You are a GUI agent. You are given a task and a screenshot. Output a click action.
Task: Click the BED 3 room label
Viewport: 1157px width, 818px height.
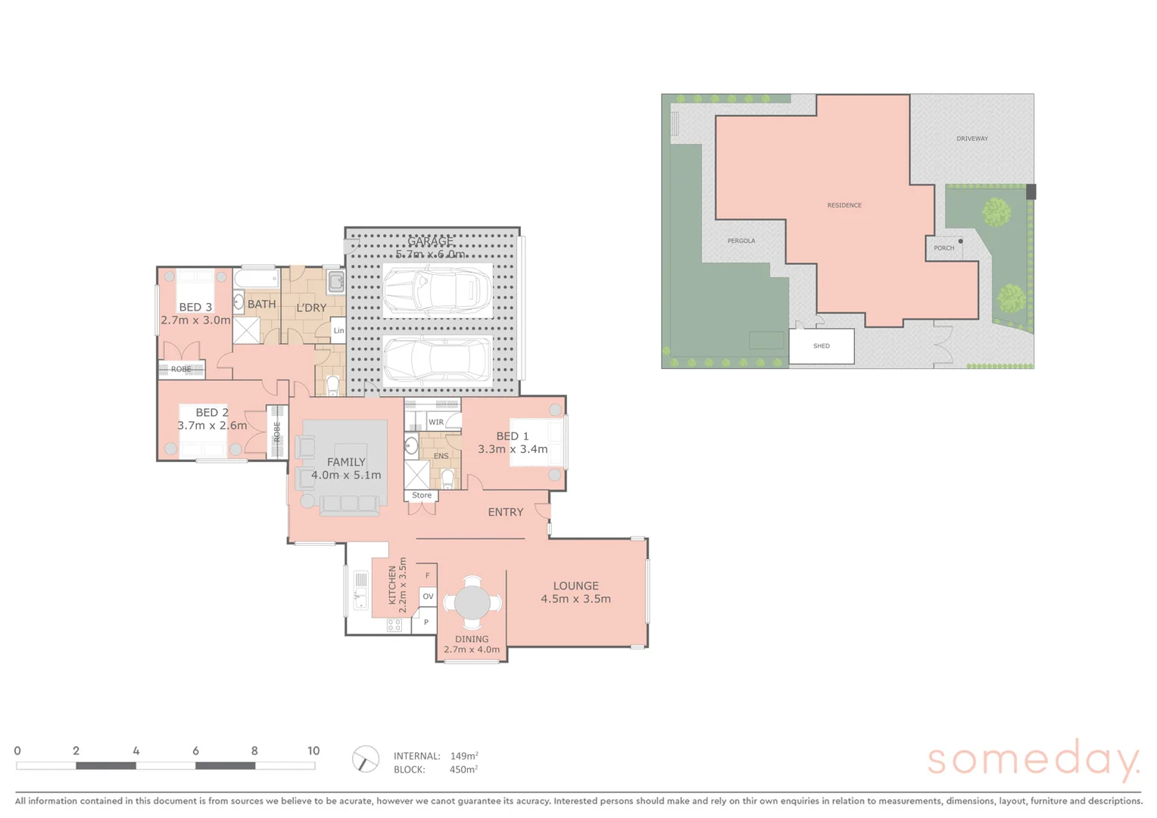195,307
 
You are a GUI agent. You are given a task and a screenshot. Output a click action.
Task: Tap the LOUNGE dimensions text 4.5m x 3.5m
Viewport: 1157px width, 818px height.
575,599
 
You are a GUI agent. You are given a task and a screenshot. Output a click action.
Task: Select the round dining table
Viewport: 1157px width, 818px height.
472,603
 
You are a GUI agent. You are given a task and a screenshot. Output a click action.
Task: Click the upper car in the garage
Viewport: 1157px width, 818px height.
437,291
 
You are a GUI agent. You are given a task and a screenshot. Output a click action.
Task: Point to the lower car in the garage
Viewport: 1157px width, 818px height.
437,361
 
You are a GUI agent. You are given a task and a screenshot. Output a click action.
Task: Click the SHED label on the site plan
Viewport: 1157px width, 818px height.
822,346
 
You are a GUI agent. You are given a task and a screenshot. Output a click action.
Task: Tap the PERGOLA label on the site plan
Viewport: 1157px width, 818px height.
741,241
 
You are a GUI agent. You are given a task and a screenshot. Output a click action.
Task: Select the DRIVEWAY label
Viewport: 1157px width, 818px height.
971,139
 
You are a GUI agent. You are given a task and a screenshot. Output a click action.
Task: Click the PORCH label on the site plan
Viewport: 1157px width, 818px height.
943,248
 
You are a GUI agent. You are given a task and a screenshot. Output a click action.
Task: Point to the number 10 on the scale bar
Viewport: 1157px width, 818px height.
313,751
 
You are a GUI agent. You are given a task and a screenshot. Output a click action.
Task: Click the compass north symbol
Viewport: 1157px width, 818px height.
366,759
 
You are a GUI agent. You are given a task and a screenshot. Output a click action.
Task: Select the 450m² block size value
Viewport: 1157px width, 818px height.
463,770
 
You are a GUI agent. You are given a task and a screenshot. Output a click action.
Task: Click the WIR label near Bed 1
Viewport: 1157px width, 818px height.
436,422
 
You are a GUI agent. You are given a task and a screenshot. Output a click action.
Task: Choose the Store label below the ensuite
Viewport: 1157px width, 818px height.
422,495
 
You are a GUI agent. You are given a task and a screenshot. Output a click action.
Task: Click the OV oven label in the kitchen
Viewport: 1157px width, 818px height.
428,597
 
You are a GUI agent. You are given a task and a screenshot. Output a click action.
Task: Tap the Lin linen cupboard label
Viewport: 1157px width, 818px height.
338,331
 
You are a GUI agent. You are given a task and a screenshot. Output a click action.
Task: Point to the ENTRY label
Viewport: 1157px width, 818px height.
505,513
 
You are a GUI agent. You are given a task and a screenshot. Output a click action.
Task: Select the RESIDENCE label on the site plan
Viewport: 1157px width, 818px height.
844,205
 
